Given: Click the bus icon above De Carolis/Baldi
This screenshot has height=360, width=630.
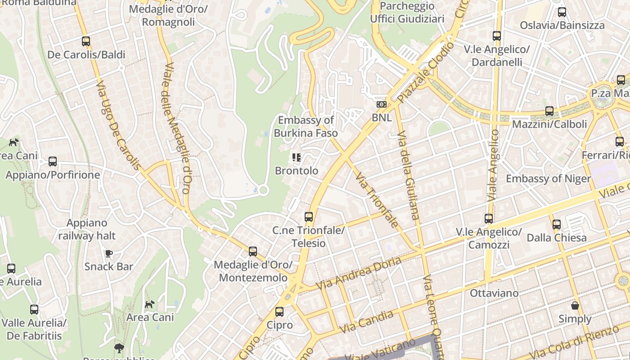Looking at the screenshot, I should point(86,41).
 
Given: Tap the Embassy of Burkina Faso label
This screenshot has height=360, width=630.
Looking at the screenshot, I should point(306,126).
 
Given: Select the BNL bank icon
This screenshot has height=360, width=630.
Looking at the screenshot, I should point(381,104).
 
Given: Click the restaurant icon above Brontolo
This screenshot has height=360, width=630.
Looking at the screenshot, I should point(296,157).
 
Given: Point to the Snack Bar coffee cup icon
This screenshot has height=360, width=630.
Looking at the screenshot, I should point(109,253).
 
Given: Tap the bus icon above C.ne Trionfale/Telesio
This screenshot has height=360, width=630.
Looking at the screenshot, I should point(308,217).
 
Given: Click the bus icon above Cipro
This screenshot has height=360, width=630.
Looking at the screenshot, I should point(279,311).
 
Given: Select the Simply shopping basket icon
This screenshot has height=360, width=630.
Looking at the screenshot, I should point(575,306).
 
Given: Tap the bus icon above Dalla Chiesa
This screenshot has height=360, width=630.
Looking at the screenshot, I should point(557,224).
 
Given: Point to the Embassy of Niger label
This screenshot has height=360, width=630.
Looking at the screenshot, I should point(548,179).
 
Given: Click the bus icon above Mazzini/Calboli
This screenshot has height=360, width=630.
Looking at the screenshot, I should point(549,111).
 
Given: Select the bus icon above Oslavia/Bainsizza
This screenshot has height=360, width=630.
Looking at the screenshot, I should point(562,12).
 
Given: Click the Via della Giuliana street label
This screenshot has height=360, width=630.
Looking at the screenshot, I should point(409,175).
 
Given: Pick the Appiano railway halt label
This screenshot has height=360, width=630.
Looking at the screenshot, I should point(87,229).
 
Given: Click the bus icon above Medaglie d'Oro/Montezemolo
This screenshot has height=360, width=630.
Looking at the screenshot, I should point(253,252).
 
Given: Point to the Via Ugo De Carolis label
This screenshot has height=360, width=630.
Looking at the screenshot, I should point(118,126).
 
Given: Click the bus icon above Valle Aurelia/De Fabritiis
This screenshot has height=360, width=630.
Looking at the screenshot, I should point(34,310).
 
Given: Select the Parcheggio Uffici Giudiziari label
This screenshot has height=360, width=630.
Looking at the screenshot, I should point(407,13).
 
